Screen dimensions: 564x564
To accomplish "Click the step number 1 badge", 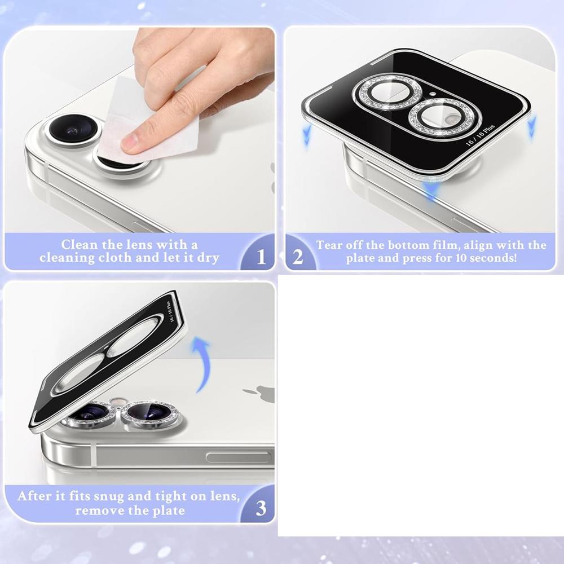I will (261, 257).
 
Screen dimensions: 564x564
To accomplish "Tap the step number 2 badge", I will (298, 257).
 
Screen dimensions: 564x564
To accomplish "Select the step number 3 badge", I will (261, 509).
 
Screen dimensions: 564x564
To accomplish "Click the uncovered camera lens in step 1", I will (72, 129).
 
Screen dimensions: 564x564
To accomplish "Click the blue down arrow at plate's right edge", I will (532, 128).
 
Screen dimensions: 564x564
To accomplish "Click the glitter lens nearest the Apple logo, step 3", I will (151, 413).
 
